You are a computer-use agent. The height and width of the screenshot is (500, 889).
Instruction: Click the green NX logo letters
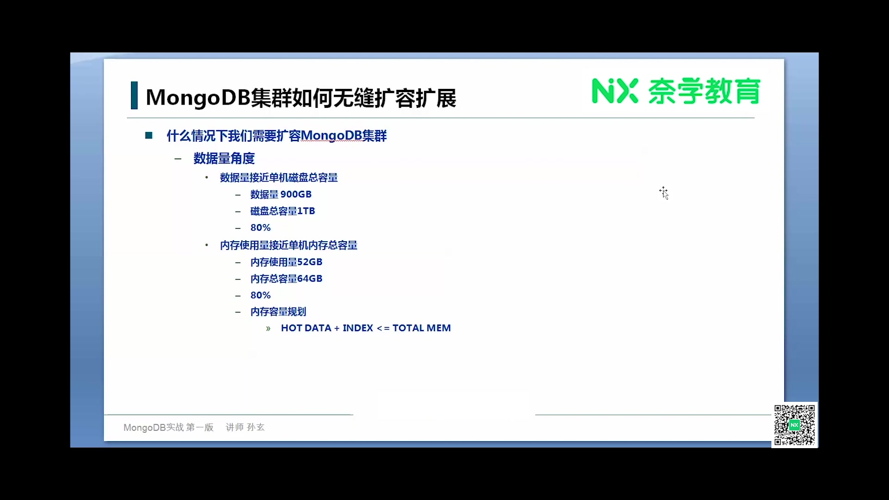[x=615, y=91]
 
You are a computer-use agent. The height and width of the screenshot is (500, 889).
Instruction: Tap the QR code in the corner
[x=795, y=425]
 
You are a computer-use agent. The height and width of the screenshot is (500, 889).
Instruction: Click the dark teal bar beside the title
[x=134, y=95]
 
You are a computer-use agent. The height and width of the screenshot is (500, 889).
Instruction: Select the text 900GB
[x=296, y=194]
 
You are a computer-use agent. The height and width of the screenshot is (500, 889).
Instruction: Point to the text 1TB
[x=306, y=211]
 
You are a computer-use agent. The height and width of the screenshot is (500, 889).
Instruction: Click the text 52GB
[x=310, y=262]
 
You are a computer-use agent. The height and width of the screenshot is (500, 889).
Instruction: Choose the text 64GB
[x=310, y=279]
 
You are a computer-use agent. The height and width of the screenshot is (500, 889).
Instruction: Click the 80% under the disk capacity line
[x=260, y=228]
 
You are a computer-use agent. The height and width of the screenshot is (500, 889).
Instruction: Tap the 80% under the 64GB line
[x=260, y=295]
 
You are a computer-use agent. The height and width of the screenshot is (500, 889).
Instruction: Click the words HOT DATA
[x=306, y=328]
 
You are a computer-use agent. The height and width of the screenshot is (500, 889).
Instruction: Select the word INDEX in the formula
[x=358, y=328]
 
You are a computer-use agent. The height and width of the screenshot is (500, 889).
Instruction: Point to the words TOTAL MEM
[x=421, y=328]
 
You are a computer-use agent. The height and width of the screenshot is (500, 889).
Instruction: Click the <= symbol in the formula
[x=383, y=328]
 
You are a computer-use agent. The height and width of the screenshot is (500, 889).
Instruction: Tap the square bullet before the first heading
[x=149, y=135]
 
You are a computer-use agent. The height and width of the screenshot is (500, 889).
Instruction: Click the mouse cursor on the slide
[x=664, y=193]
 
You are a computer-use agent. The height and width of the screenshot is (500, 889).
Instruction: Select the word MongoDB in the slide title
[x=198, y=97]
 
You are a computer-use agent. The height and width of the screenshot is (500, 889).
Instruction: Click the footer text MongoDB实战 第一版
[x=169, y=427]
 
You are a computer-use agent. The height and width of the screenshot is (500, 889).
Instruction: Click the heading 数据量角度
[x=224, y=158]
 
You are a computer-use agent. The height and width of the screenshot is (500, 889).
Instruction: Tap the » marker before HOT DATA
[x=268, y=329]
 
